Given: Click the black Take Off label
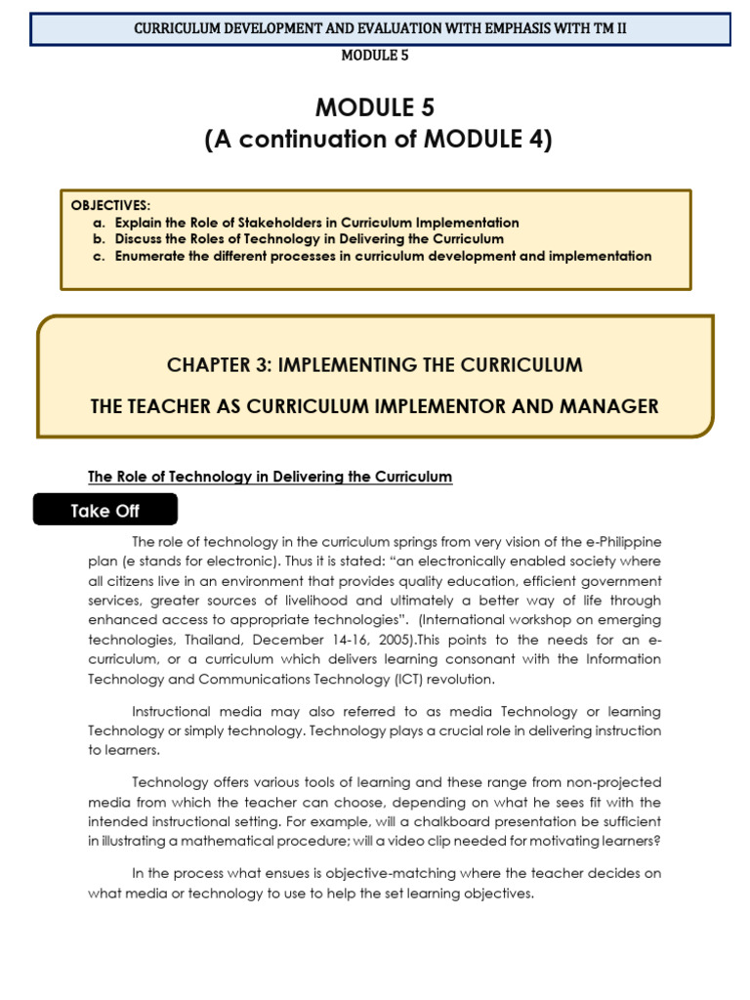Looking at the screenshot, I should pos(105,511).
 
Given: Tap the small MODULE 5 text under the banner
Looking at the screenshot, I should pos(374,56).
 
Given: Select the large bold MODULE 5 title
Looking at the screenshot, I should pos(374,107).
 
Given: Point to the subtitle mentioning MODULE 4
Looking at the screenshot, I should pos(378,140).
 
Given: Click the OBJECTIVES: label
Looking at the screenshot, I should pos(111,205).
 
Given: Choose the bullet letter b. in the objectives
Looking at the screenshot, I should pos(99,239).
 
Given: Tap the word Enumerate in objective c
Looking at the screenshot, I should pos(149,257).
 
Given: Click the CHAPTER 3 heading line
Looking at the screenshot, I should pos(374,365).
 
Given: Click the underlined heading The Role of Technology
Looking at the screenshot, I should pos(271,477).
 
